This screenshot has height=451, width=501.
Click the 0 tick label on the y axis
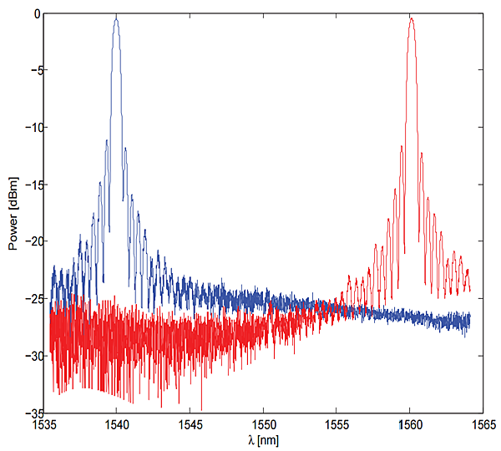click(36, 14)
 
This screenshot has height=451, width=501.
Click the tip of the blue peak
click(116, 18)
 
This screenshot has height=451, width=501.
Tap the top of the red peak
click(411, 18)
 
